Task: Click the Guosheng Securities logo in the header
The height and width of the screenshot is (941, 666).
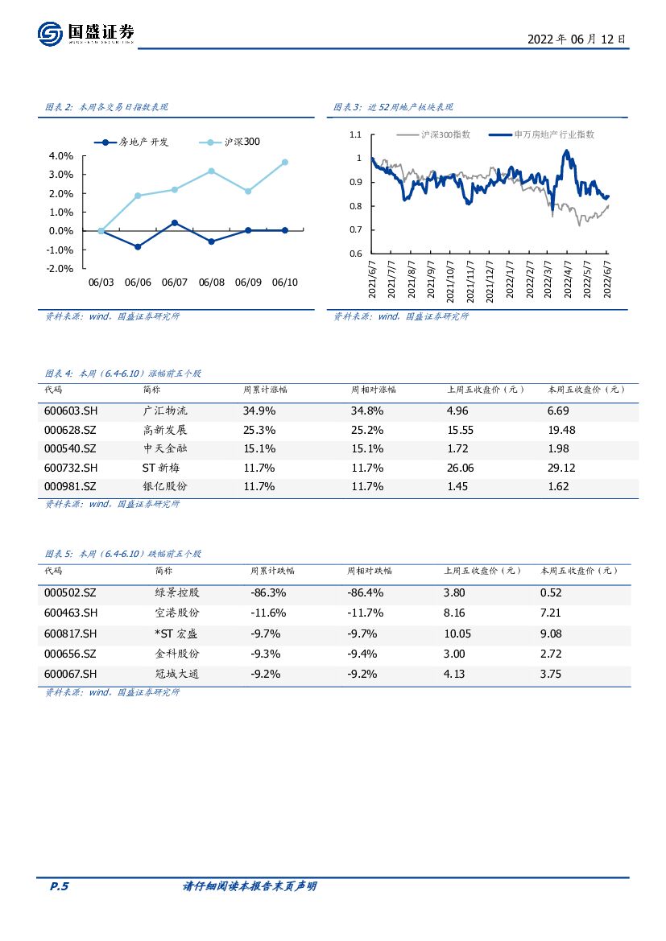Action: [85, 33]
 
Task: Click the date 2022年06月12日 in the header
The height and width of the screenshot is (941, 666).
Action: [576, 39]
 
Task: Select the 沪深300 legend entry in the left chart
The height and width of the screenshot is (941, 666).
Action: [230, 142]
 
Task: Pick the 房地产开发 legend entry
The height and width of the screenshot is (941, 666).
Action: [133, 142]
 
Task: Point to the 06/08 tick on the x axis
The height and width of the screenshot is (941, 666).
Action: [211, 283]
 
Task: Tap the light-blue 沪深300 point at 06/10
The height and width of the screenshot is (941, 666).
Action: [285, 162]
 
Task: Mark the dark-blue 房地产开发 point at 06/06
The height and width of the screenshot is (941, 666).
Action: [138, 246]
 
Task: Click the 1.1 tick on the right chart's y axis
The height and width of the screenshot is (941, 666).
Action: [355, 135]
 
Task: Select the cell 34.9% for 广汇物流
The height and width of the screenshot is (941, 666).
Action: [259, 411]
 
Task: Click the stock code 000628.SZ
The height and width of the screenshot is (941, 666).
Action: [70, 430]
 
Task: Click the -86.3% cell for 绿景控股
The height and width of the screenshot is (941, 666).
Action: [268, 592]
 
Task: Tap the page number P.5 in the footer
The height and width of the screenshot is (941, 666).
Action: [60, 886]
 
